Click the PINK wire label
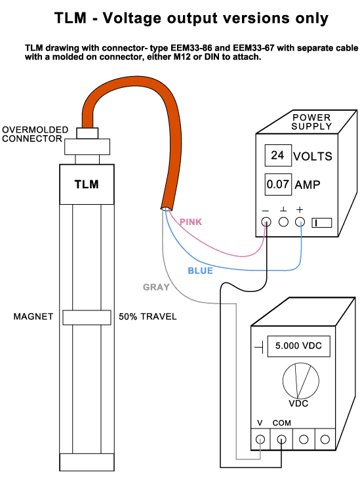tap(191, 222)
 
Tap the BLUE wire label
tap(200, 270)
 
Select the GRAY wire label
tap(156, 287)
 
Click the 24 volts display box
tap(278, 156)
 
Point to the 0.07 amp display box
tap(278, 184)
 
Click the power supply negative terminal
tap(266, 222)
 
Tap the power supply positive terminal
tap(300, 222)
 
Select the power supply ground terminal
tap(283, 222)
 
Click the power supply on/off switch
tap(322, 222)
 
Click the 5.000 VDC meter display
tap(298, 346)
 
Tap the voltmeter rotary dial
tap(301, 381)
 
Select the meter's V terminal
tap(260, 440)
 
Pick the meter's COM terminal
tap(281, 440)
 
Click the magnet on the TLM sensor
tap(87, 318)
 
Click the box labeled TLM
tap(87, 184)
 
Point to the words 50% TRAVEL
tap(148, 316)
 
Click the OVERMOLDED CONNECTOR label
tap(35, 134)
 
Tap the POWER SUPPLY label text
tap(311, 122)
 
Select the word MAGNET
tap(33, 316)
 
